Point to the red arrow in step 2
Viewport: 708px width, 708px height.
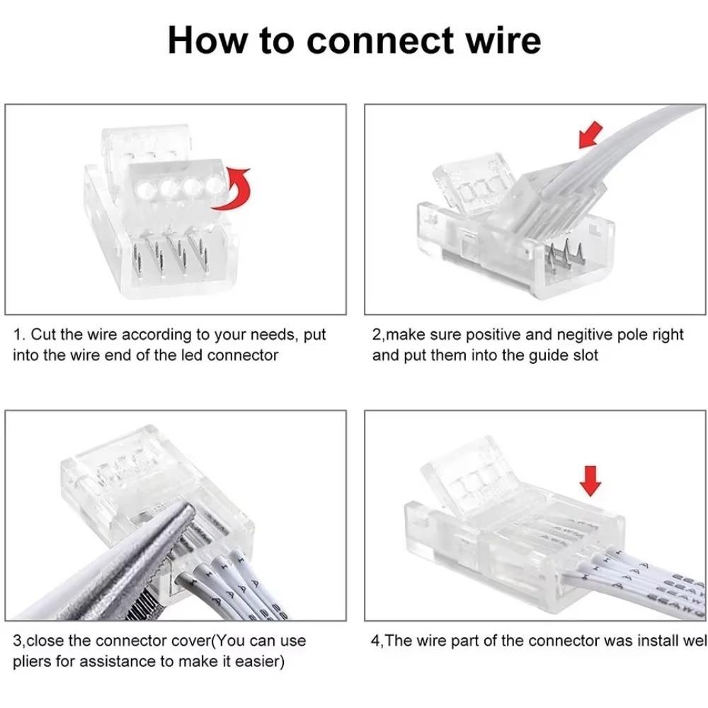[x=590, y=135]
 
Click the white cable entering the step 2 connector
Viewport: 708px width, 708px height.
[x=637, y=142]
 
